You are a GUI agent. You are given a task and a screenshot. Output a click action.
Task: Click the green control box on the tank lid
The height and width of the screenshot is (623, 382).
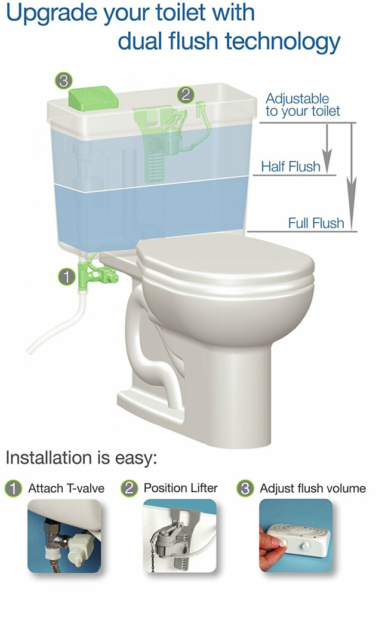coord(93,97)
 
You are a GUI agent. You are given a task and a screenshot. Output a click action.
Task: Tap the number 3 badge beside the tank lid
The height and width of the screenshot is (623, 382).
coord(63,81)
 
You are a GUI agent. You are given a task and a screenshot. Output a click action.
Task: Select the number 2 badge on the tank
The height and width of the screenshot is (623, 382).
coord(186,95)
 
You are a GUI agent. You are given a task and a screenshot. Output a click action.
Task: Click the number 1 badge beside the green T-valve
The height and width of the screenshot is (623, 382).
coord(67,277)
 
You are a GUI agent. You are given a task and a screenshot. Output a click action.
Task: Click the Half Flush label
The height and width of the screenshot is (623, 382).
coord(291,167)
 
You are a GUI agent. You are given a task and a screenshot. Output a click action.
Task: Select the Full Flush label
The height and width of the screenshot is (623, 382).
coord(316,223)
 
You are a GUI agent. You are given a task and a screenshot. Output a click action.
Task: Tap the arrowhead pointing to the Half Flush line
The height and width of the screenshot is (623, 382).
coord(327,161)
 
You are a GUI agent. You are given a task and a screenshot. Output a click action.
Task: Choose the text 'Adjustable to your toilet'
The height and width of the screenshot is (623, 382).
coord(303,105)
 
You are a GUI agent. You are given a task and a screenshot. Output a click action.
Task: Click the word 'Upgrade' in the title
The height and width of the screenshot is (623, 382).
coord(53,14)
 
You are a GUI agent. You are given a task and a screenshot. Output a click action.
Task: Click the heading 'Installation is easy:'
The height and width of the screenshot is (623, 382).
coord(81,458)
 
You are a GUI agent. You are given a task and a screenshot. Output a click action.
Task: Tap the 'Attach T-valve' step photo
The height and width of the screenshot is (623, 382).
coord(64,536)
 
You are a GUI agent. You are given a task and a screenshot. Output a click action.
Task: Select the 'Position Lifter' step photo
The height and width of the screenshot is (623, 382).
coord(180,536)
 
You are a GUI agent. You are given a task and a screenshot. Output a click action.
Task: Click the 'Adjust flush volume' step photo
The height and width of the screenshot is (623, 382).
coord(296,536)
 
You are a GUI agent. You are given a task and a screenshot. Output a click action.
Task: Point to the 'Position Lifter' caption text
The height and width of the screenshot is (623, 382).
coord(181,488)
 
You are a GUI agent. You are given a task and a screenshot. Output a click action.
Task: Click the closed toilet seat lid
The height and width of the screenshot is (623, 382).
coord(225,256)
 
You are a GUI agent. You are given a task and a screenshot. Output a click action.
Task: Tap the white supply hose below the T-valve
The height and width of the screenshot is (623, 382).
coord(60,323)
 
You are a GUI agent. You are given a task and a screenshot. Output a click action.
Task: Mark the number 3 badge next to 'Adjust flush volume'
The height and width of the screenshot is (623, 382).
coord(245,489)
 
